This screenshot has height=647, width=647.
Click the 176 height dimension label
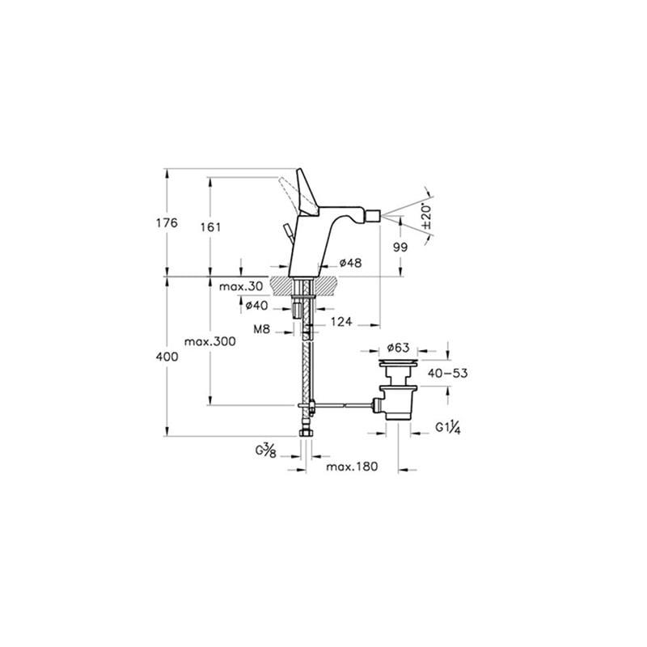pos(167,223)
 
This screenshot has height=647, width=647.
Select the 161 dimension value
pos(210,227)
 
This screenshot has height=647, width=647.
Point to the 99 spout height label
pos(400,247)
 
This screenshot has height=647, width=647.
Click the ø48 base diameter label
pos(350,262)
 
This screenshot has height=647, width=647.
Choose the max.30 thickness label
pos(241,286)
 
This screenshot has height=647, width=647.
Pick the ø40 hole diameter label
pos(256,306)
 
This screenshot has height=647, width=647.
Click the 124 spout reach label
pos(341,321)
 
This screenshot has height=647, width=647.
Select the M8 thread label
pos(261,329)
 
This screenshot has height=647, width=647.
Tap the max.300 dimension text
pos(210,341)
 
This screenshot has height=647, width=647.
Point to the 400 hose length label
pos(167,357)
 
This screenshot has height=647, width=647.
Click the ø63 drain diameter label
pos(398,348)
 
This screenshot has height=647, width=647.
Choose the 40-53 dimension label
pos(448,374)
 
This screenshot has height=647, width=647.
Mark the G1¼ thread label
pos(448,428)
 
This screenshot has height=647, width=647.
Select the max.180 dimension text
pos(352,467)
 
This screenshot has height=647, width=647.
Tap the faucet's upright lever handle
pos(307,192)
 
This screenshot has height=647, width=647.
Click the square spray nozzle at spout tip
pos(374,215)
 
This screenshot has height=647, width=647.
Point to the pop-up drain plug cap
pos(399,362)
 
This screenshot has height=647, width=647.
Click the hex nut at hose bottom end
pos(306,433)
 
